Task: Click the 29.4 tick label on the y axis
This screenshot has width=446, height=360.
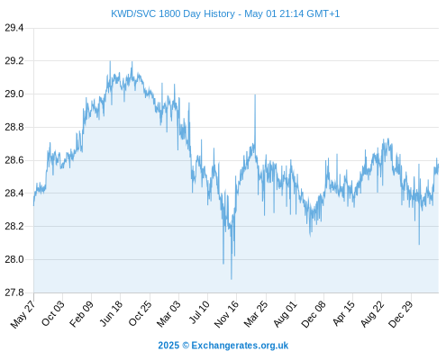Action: pos(14,28)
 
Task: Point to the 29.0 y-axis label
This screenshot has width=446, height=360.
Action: pos(14,94)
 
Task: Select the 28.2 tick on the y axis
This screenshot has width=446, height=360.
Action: pos(14,226)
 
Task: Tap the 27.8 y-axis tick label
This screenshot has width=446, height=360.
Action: pos(14,292)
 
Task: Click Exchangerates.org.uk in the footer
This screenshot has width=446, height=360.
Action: pos(240,346)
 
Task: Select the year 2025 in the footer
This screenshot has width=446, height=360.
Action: pos(168,346)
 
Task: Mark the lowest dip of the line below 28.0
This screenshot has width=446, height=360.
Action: pos(232,279)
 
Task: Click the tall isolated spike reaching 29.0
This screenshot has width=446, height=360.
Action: pos(255,95)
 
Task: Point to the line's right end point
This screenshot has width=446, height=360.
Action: pos(438,165)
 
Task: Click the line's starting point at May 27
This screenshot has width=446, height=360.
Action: pos(33,205)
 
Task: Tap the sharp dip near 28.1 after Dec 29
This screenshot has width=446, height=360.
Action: pos(419,244)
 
